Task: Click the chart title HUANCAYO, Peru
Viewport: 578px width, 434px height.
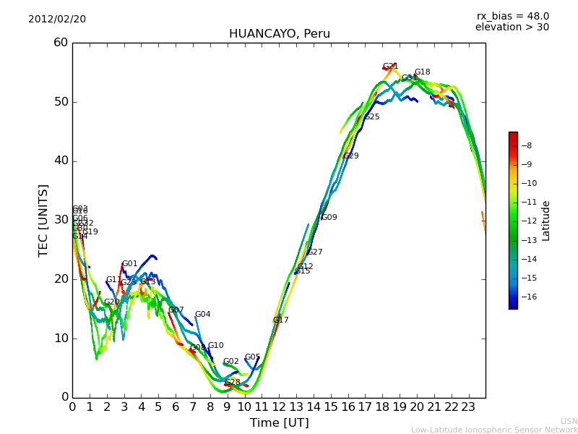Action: pyautogui.click(x=279, y=34)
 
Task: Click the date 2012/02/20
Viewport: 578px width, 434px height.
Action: pyautogui.click(x=57, y=20)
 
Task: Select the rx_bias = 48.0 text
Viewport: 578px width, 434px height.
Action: pyautogui.click(x=512, y=17)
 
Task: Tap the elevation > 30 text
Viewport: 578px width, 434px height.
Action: pyautogui.click(x=512, y=27)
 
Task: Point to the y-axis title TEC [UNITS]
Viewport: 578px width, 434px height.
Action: pyautogui.click(x=43, y=220)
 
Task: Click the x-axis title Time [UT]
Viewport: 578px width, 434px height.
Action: pyautogui.click(x=279, y=423)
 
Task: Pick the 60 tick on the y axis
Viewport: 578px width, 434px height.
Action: pyautogui.click(x=61, y=43)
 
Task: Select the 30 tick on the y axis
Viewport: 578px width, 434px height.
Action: pyautogui.click(x=61, y=220)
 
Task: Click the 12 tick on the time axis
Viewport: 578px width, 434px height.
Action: pyautogui.click(x=279, y=407)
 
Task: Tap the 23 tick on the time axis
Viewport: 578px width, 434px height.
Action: pyautogui.click(x=468, y=407)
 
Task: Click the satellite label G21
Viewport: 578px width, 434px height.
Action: pyautogui.click(x=390, y=67)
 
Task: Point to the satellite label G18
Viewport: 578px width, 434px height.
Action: pyautogui.click(x=422, y=72)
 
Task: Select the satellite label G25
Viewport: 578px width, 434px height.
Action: pyautogui.click(x=371, y=117)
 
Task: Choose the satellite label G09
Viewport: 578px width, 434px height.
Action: pyautogui.click(x=329, y=218)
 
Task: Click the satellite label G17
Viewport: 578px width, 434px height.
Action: pyautogui.click(x=280, y=320)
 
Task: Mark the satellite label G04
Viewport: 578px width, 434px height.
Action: pyautogui.click(x=202, y=315)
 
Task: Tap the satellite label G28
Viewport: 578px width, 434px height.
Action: pyautogui.click(x=232, y=383)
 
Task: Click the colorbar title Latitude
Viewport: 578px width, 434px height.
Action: pyautogui.click(x=546, y=221)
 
